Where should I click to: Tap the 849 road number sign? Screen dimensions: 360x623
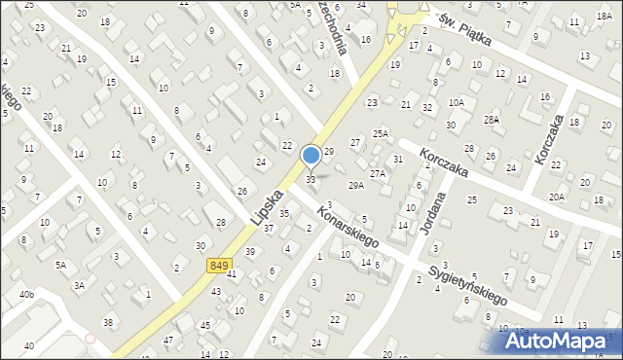click(219, 266)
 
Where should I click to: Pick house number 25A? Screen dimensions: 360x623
click(381, 133)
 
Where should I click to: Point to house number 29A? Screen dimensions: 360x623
click(356, 185)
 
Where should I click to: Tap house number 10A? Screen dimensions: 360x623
click(457, 102)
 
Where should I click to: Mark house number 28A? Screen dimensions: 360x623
click(492, 120)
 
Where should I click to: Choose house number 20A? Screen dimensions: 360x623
click(556, 197)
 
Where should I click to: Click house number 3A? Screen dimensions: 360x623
click(80, 285)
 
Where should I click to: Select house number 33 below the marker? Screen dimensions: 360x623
click(311, 180)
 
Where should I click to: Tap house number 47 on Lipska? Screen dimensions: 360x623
click(168, 340)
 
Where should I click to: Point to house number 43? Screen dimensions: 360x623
click(216, 292)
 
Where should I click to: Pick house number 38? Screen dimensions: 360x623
click(108, 322)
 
